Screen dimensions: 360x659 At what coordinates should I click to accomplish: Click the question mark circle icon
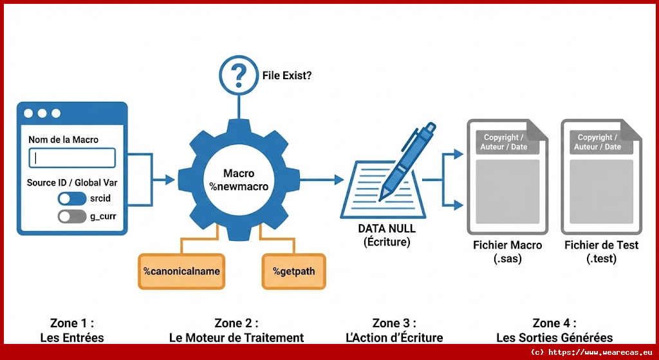239,76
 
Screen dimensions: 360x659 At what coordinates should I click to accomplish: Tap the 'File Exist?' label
287,75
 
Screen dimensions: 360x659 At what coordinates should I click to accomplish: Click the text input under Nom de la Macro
72,158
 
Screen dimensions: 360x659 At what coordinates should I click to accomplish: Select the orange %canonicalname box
182,270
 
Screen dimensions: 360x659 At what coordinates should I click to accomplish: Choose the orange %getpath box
294,270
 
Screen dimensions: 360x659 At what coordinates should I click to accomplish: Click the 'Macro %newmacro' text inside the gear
239,180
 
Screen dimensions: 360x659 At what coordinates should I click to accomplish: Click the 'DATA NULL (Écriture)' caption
387,235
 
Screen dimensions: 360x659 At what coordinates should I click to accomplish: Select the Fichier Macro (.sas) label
507,252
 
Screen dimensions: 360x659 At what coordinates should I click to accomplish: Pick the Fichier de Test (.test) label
601,252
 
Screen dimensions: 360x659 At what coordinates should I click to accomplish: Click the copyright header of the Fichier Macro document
504,142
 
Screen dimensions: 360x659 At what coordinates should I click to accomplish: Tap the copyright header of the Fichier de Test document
597,142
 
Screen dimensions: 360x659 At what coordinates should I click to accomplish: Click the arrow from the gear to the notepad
322,180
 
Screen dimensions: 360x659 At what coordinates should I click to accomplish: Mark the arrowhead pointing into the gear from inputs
170,180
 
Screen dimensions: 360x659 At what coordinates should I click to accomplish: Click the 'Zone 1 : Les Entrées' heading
72,330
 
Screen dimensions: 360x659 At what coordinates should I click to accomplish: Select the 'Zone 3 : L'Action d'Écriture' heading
394,330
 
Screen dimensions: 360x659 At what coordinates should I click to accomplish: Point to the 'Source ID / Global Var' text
72,183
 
